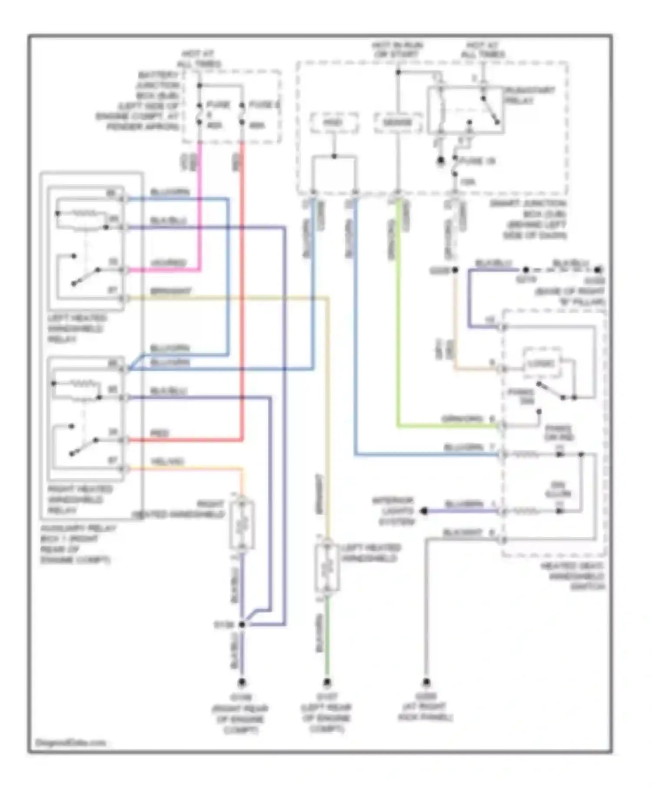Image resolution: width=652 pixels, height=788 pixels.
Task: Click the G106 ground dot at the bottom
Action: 242,682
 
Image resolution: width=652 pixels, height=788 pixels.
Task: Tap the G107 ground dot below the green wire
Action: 327,682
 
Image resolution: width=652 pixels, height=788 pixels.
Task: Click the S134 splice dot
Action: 242,624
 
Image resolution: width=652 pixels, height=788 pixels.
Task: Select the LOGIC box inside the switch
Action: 541,363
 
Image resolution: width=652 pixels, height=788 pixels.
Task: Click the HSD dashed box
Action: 334,123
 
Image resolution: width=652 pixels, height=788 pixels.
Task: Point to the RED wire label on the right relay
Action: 159,434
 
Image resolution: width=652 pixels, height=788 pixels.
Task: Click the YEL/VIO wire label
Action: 167,461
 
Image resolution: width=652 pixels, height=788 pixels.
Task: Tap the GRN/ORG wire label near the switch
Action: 462,419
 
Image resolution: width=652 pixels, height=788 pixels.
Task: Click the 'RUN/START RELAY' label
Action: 529,95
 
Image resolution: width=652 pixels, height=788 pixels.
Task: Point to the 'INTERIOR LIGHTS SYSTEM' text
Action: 393,511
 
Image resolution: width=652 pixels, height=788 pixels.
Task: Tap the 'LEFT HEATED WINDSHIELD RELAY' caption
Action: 77,328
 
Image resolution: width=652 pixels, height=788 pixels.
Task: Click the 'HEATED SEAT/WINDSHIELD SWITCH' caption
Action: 573,576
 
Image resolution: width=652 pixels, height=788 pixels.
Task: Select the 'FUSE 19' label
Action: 477,161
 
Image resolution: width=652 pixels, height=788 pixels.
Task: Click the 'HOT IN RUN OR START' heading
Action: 397,50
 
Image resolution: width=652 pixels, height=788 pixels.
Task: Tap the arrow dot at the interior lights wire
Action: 424,511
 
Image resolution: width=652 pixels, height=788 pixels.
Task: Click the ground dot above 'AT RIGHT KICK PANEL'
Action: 426,682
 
